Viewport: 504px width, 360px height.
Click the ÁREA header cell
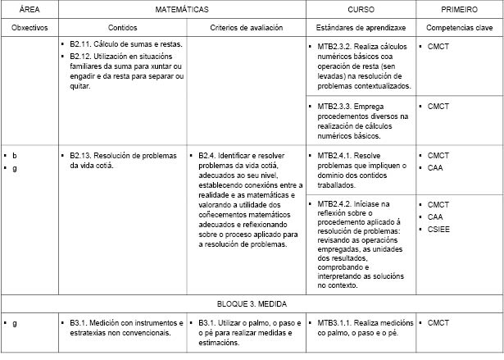[x=29, y=10]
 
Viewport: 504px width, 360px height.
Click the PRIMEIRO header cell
[x=460, y=10]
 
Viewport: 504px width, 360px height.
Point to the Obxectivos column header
[x=29, y=27]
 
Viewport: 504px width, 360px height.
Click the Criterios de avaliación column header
[x=246, y=27]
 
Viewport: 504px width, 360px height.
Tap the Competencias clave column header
[x=460, y=27]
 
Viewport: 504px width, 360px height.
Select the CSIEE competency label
[x=439, y=229]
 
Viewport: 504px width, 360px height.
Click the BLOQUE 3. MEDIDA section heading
[x=252, y=303]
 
